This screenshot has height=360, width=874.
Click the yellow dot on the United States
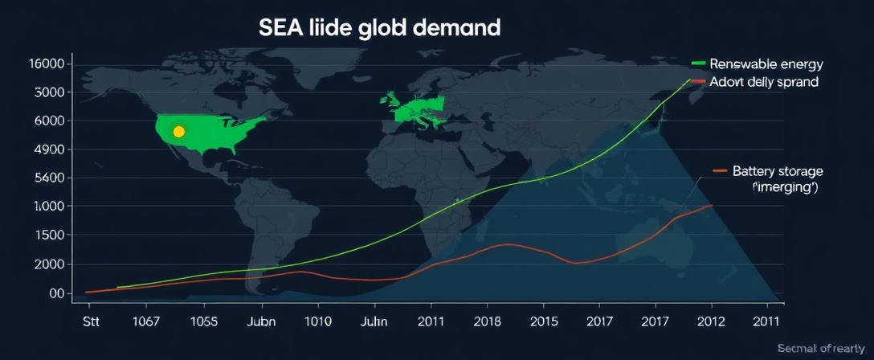click(179, 131)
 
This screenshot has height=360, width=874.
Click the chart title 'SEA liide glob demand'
click(379, 28)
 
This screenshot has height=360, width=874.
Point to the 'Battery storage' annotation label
click(778, 171)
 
